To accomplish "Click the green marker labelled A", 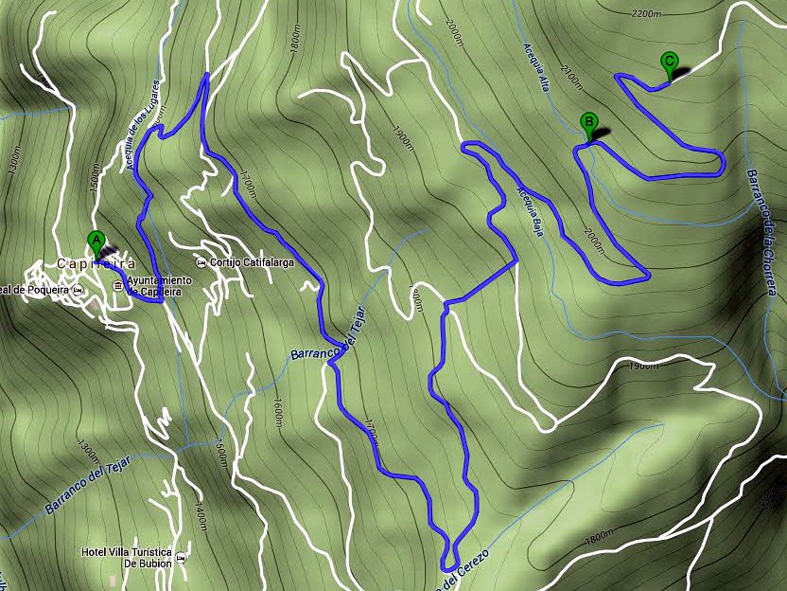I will [x=95, y=241].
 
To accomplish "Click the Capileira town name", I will [x=96, y=263].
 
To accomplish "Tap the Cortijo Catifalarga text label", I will [x=255, y=262].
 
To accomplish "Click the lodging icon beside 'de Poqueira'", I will [x=79, y=289].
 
